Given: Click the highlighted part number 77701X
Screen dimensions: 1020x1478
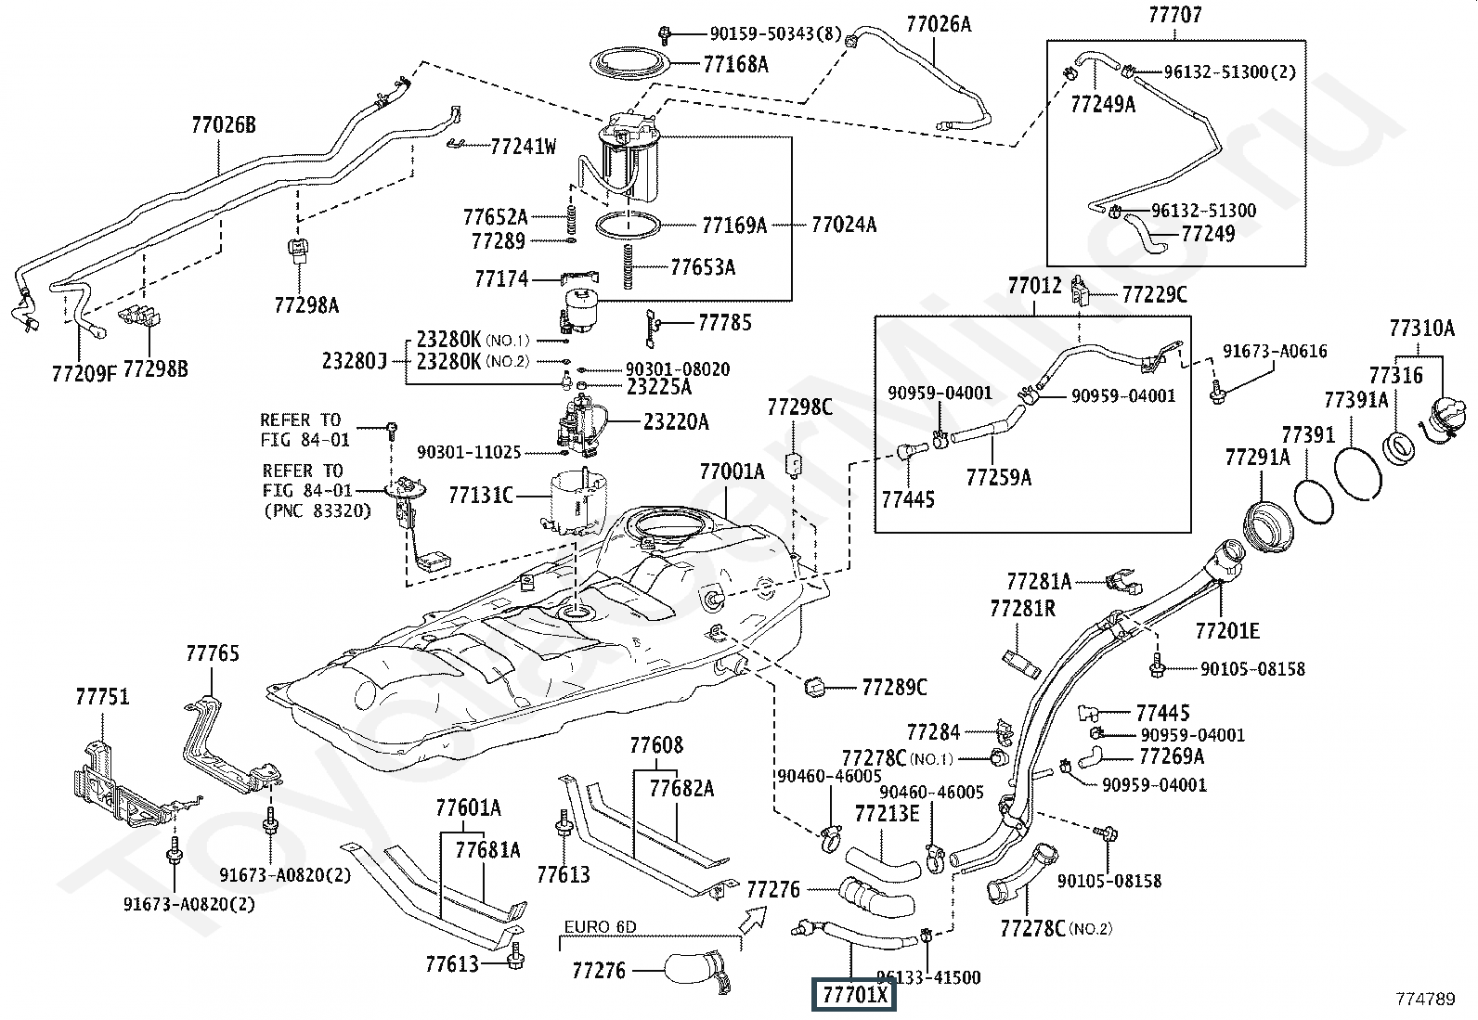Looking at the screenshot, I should pos(854,996).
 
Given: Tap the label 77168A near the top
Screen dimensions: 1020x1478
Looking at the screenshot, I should pos(736,64).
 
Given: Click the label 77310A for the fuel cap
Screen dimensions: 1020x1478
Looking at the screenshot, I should pos(1421,328).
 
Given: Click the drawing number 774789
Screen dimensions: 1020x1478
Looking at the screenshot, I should pos(1425,999).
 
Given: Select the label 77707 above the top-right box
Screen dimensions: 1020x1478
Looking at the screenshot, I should pos(1174,15).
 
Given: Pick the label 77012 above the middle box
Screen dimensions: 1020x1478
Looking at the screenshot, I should pos(1034,285).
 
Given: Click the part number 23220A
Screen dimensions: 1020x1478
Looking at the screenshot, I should pos(676,422).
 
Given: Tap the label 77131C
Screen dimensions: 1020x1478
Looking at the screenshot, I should pos(481,496).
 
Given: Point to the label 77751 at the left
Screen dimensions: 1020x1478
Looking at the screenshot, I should pos(102,696).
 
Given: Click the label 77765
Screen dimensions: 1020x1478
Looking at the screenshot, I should pos(212,653).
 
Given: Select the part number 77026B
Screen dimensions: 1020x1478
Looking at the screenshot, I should pos(223,125).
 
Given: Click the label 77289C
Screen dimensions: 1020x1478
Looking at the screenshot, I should pos(894,688).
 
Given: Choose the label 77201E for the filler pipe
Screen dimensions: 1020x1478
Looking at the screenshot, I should pos(1227,631).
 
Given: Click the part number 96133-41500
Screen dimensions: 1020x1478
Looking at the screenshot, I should pos(928,976).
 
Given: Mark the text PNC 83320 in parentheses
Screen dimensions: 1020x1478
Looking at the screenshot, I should pos(317,510).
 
